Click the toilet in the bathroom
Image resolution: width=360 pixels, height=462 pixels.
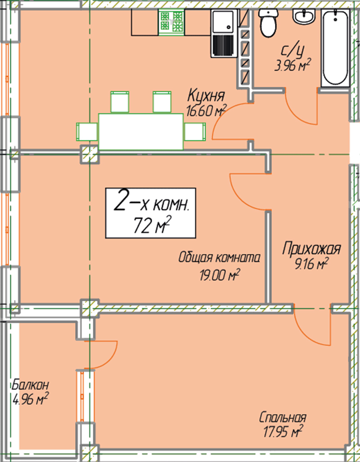tap(268, 22)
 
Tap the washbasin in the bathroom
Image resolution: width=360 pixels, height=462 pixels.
tap(304, 16)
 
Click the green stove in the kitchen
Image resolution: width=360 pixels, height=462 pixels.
tap(171, 22)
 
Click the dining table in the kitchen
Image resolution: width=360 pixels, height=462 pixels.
tap(141, 132)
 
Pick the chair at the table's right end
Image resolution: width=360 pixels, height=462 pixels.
tap(195, 132)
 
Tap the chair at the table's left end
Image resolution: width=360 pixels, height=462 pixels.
tap(87, 132)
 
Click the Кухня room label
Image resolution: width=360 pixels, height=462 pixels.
tap(206, 96)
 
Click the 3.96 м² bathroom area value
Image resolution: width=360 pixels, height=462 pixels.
tap(292, 65)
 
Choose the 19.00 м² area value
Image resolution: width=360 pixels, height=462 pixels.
tap(219, 276)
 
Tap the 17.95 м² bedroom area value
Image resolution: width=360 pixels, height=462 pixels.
tap(283, 432)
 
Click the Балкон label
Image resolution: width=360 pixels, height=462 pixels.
tap(30, 385)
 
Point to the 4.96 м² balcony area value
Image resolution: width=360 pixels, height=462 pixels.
tap(31, 399)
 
